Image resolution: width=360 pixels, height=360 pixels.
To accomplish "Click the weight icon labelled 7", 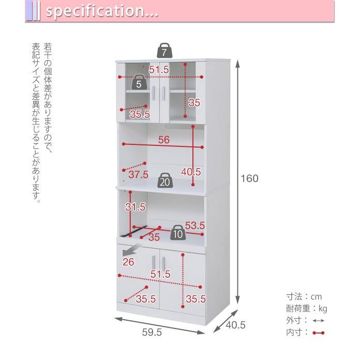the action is pyautogui.click(x=164, y=51).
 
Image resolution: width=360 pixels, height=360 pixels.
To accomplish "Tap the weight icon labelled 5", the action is pyautogui.click(x=139, y=82).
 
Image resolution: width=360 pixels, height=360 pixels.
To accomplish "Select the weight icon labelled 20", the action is pyautogui.click(x=165, y=180).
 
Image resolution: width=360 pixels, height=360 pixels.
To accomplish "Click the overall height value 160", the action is pyautogui.click(x=249, y=178).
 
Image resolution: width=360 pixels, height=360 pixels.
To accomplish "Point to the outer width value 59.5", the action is pyautogui.click(x=152, y=332).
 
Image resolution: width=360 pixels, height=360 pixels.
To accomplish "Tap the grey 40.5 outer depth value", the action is pyautogui.click(x=235, y=325).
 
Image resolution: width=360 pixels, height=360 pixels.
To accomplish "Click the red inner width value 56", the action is pyautogui.click(x=163, y=140).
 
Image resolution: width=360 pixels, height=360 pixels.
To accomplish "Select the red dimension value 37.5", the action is pyautogui.click(x=138, y=174).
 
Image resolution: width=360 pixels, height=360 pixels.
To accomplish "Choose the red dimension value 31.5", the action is pyautogui.click(x=136, y=207).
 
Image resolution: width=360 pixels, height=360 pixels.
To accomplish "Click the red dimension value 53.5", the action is pyautogui.click(x=194, y=226).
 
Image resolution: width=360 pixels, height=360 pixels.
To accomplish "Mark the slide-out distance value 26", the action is pyautogui.click(x=128, y=262).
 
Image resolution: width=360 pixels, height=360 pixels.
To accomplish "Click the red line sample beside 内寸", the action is pyautogui.click(x=319, y=333).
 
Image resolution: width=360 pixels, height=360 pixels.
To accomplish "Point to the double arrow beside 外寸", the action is pyautogui.click(x=319, y=321).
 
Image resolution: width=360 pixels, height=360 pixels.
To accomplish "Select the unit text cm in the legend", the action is pyautogui.click(x=317, y=297).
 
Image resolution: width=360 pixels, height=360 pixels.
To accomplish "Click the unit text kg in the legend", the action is pyautogui.click(x=323, y=309).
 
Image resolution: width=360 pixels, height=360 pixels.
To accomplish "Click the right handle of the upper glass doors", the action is pyautogui.click(x=163, y=93).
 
